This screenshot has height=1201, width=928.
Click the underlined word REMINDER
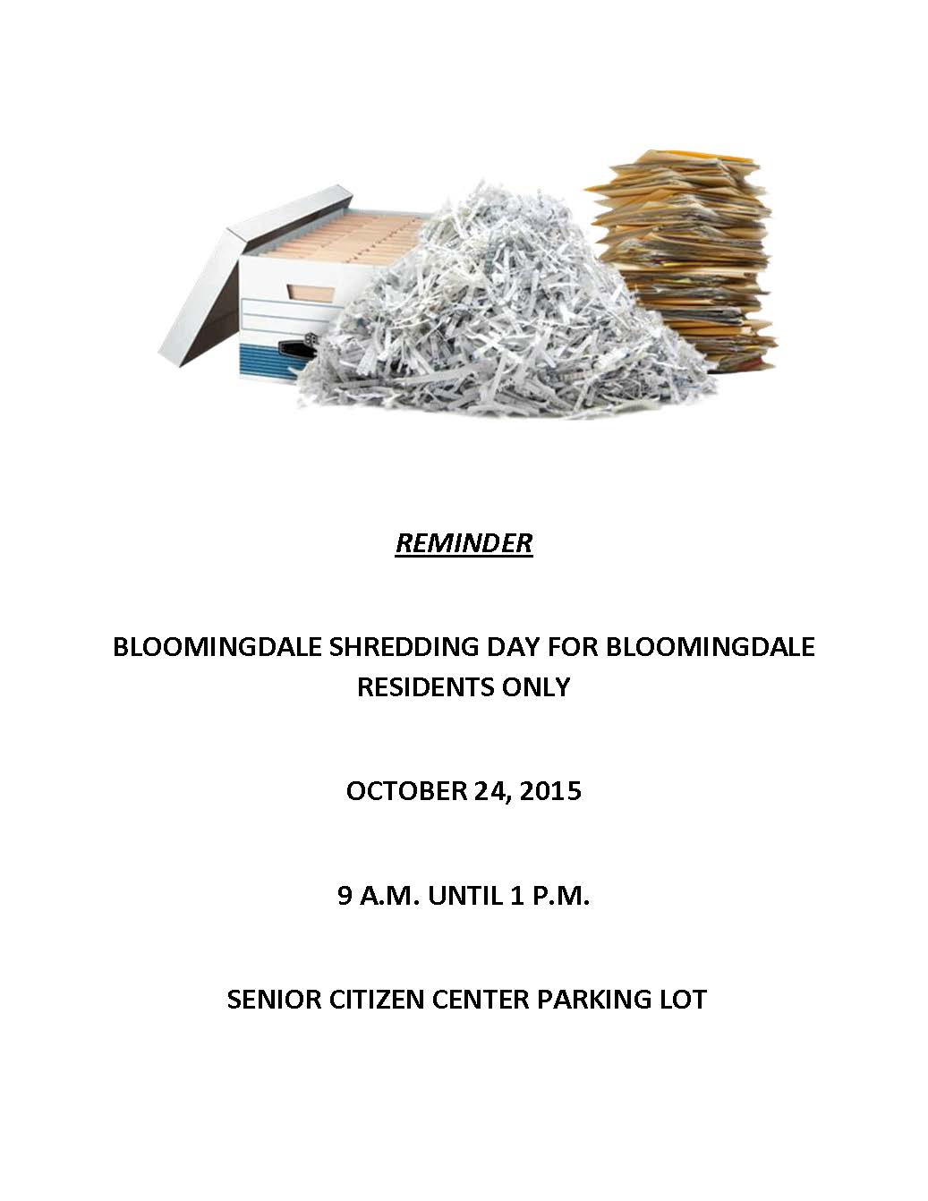464,543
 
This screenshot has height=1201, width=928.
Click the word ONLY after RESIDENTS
535,687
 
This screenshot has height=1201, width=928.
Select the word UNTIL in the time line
465,896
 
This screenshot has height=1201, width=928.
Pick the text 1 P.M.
550,896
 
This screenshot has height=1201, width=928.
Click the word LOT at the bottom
683,1000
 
